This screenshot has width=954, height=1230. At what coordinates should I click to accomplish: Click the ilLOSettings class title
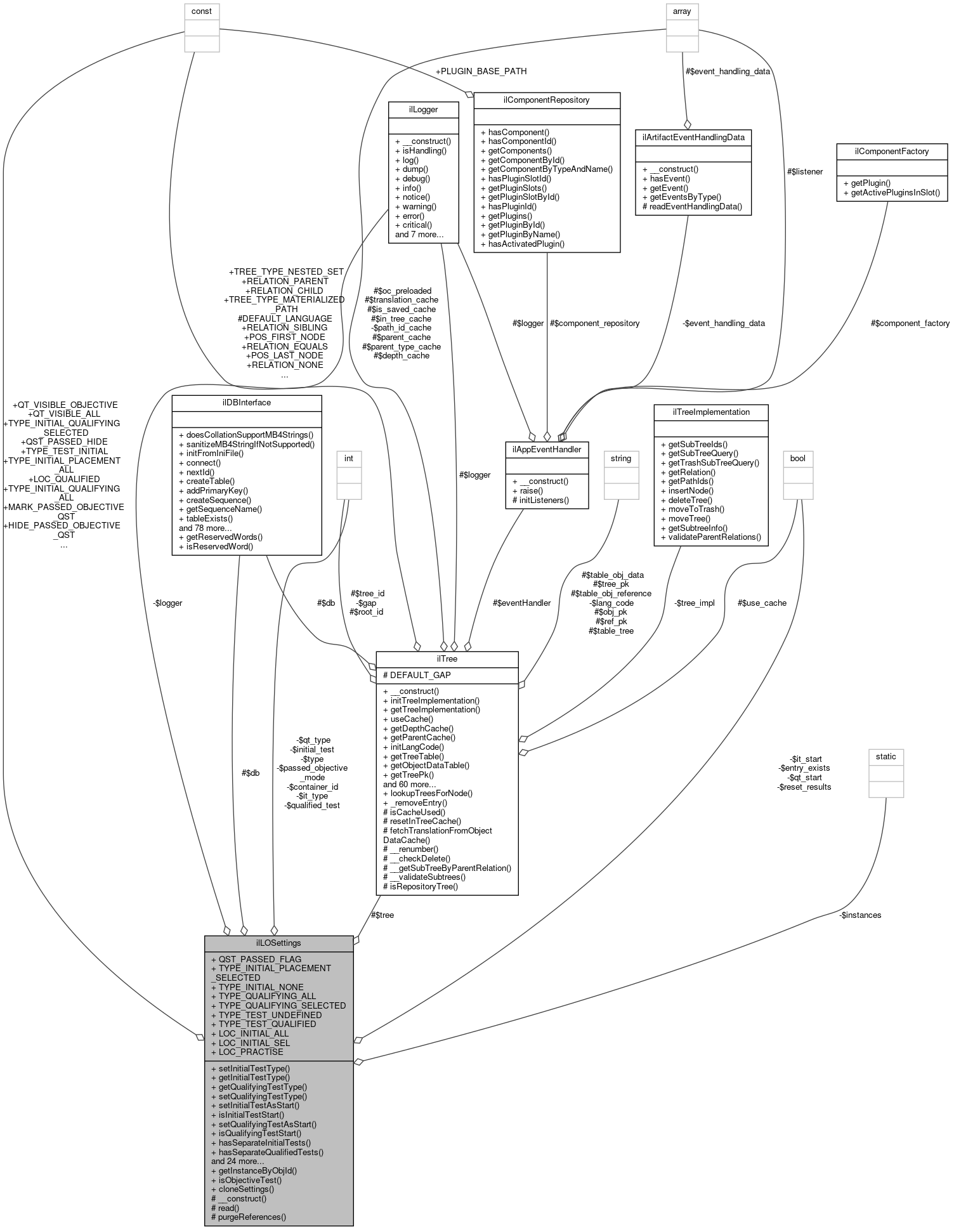(x=278, y=943)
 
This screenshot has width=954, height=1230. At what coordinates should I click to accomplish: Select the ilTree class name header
(x=447, y=658)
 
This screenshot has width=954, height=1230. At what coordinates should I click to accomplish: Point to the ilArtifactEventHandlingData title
(x=693, y=136)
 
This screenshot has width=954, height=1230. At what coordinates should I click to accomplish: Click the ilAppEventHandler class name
(x=547, y=449)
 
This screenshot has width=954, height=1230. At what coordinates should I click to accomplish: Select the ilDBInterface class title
(x=247, y=402)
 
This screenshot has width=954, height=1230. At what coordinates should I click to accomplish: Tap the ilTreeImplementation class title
(x=710, y=412)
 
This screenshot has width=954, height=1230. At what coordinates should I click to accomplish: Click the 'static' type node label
(x=885, y=756)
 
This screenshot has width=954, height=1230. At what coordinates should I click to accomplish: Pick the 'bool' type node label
(x=798, y=458)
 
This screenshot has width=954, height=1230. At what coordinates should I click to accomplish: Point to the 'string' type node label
(x=620, y=458)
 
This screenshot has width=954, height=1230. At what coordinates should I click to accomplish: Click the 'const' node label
(x=202, y=11)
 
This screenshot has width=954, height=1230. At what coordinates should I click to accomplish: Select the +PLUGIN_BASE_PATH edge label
(x=481, y=71)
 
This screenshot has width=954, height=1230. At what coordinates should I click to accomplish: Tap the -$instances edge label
(x=860, y=915)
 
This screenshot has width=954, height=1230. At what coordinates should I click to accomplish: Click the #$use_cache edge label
(x=762, y=603)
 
